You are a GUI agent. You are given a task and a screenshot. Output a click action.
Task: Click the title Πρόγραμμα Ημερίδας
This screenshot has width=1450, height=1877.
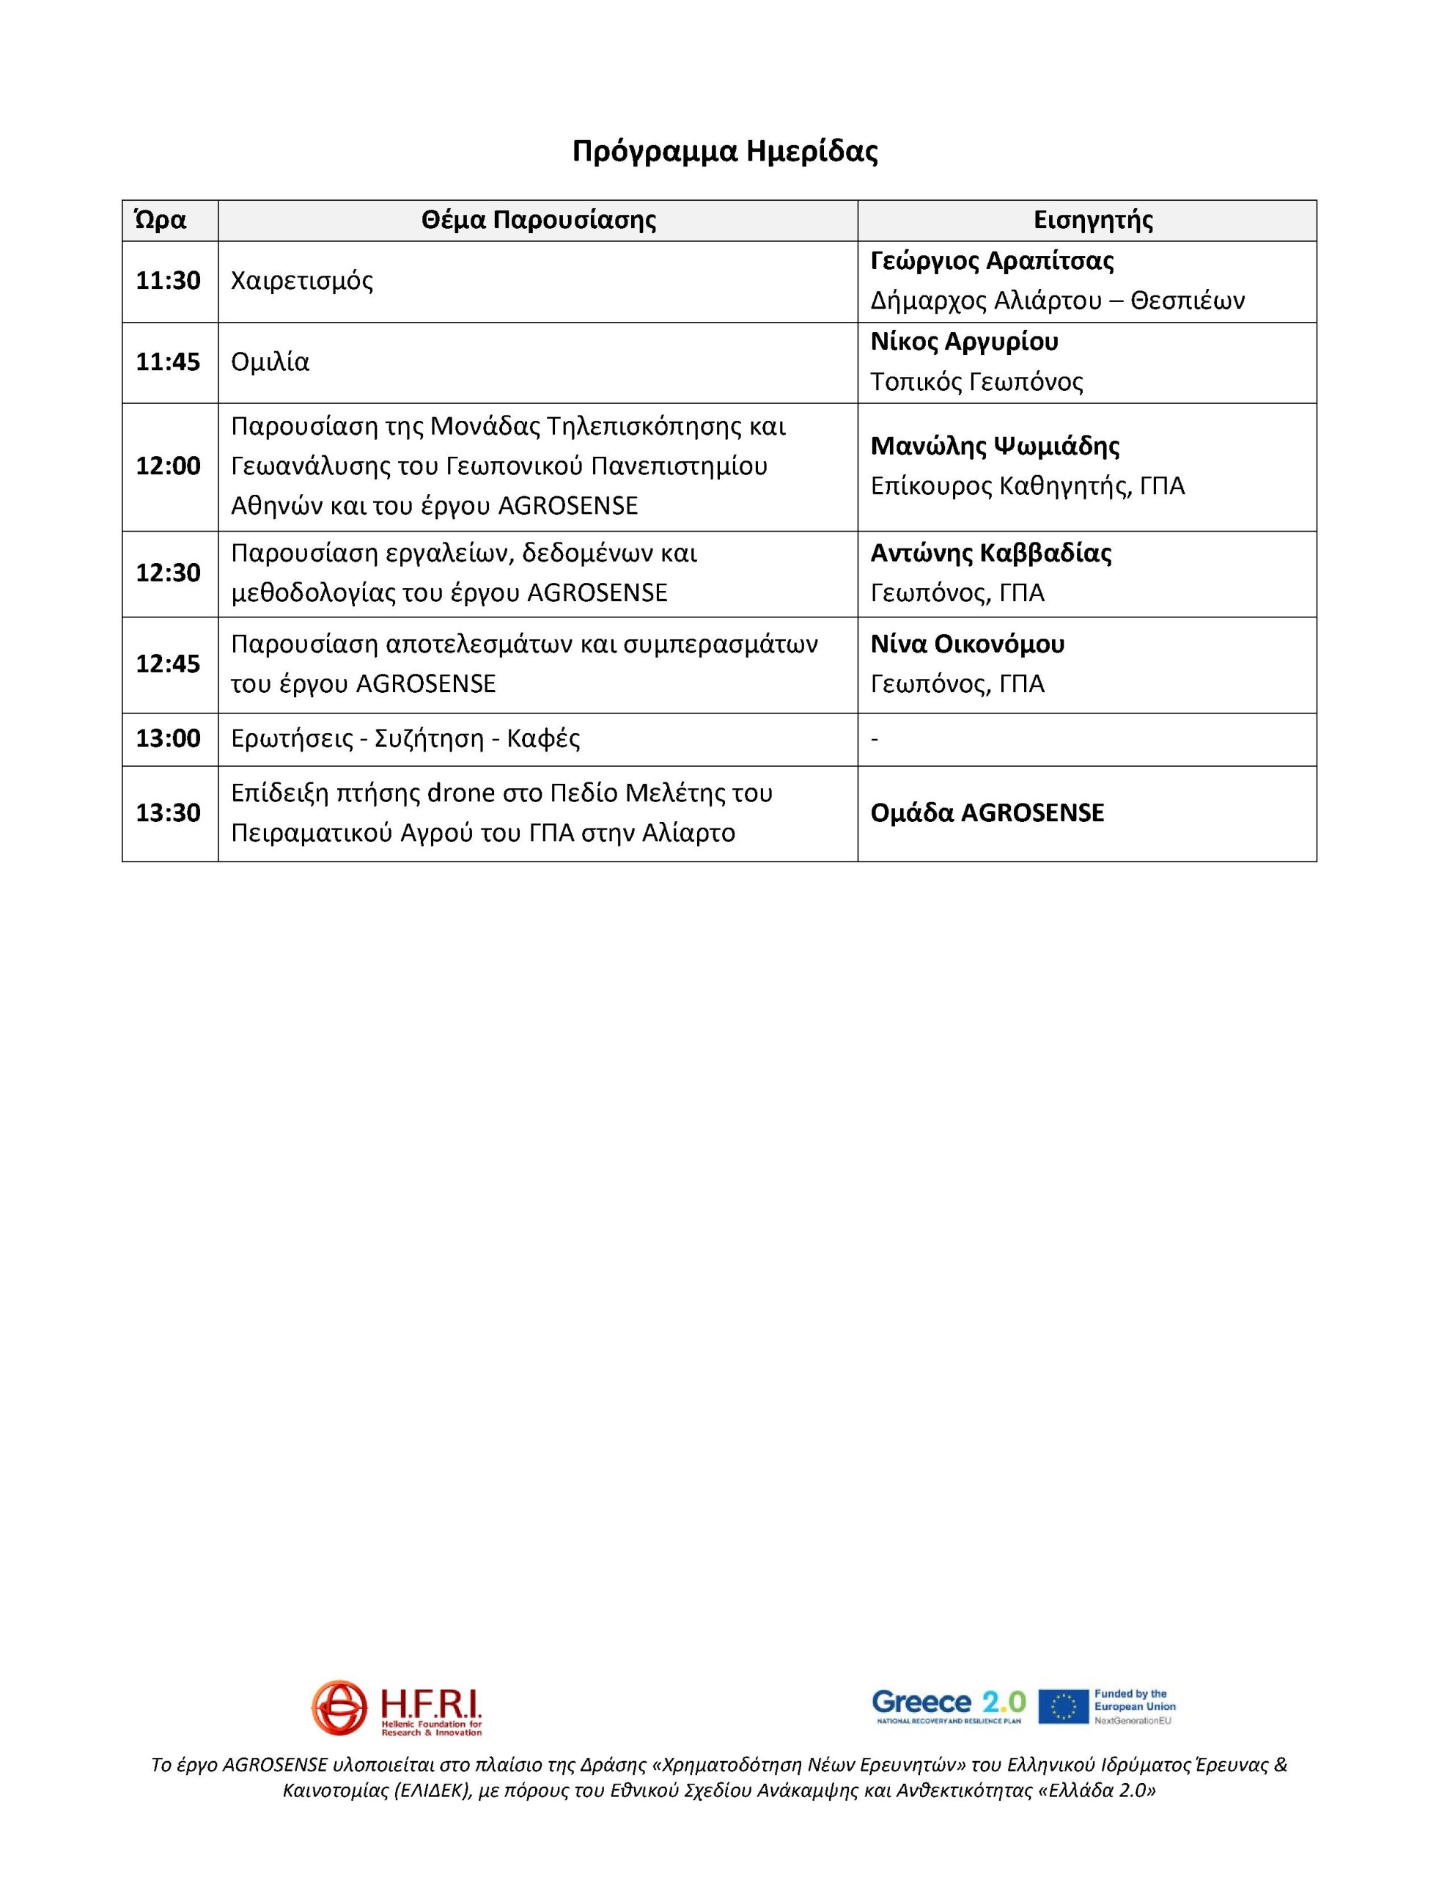(724, 151)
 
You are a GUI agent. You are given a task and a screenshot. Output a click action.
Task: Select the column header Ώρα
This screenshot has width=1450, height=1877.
(161, 220)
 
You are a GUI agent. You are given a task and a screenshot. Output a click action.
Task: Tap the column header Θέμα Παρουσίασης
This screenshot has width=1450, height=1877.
(538, 220)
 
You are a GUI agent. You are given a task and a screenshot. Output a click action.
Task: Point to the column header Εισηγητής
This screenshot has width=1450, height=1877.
(1092, 220)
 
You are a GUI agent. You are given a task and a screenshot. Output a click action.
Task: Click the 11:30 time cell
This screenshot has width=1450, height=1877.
(169, 280)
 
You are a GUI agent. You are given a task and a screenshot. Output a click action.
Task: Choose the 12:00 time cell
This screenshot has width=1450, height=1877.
(169, 466)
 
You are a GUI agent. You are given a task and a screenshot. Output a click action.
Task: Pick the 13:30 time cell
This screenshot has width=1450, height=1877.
(169, 812)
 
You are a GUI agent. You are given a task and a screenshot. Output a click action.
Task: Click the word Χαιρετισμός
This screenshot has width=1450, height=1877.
(302, 281)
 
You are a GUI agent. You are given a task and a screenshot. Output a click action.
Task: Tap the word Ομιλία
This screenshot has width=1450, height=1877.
(270, 361)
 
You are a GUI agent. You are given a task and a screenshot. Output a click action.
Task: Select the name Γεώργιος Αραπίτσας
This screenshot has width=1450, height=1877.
(992, 260)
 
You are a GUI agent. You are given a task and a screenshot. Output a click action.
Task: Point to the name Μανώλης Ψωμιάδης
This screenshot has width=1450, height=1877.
(996, 446)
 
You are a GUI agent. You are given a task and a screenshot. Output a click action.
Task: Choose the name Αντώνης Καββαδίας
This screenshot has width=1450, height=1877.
(991, 553)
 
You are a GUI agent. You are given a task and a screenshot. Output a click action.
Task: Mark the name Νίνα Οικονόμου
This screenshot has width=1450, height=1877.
(967, 644)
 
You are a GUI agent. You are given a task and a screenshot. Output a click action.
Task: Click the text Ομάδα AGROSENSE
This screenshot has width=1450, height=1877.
(987, 813)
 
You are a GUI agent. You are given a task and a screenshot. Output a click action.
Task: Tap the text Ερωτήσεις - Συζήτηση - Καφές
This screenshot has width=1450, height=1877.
(405, 739)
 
